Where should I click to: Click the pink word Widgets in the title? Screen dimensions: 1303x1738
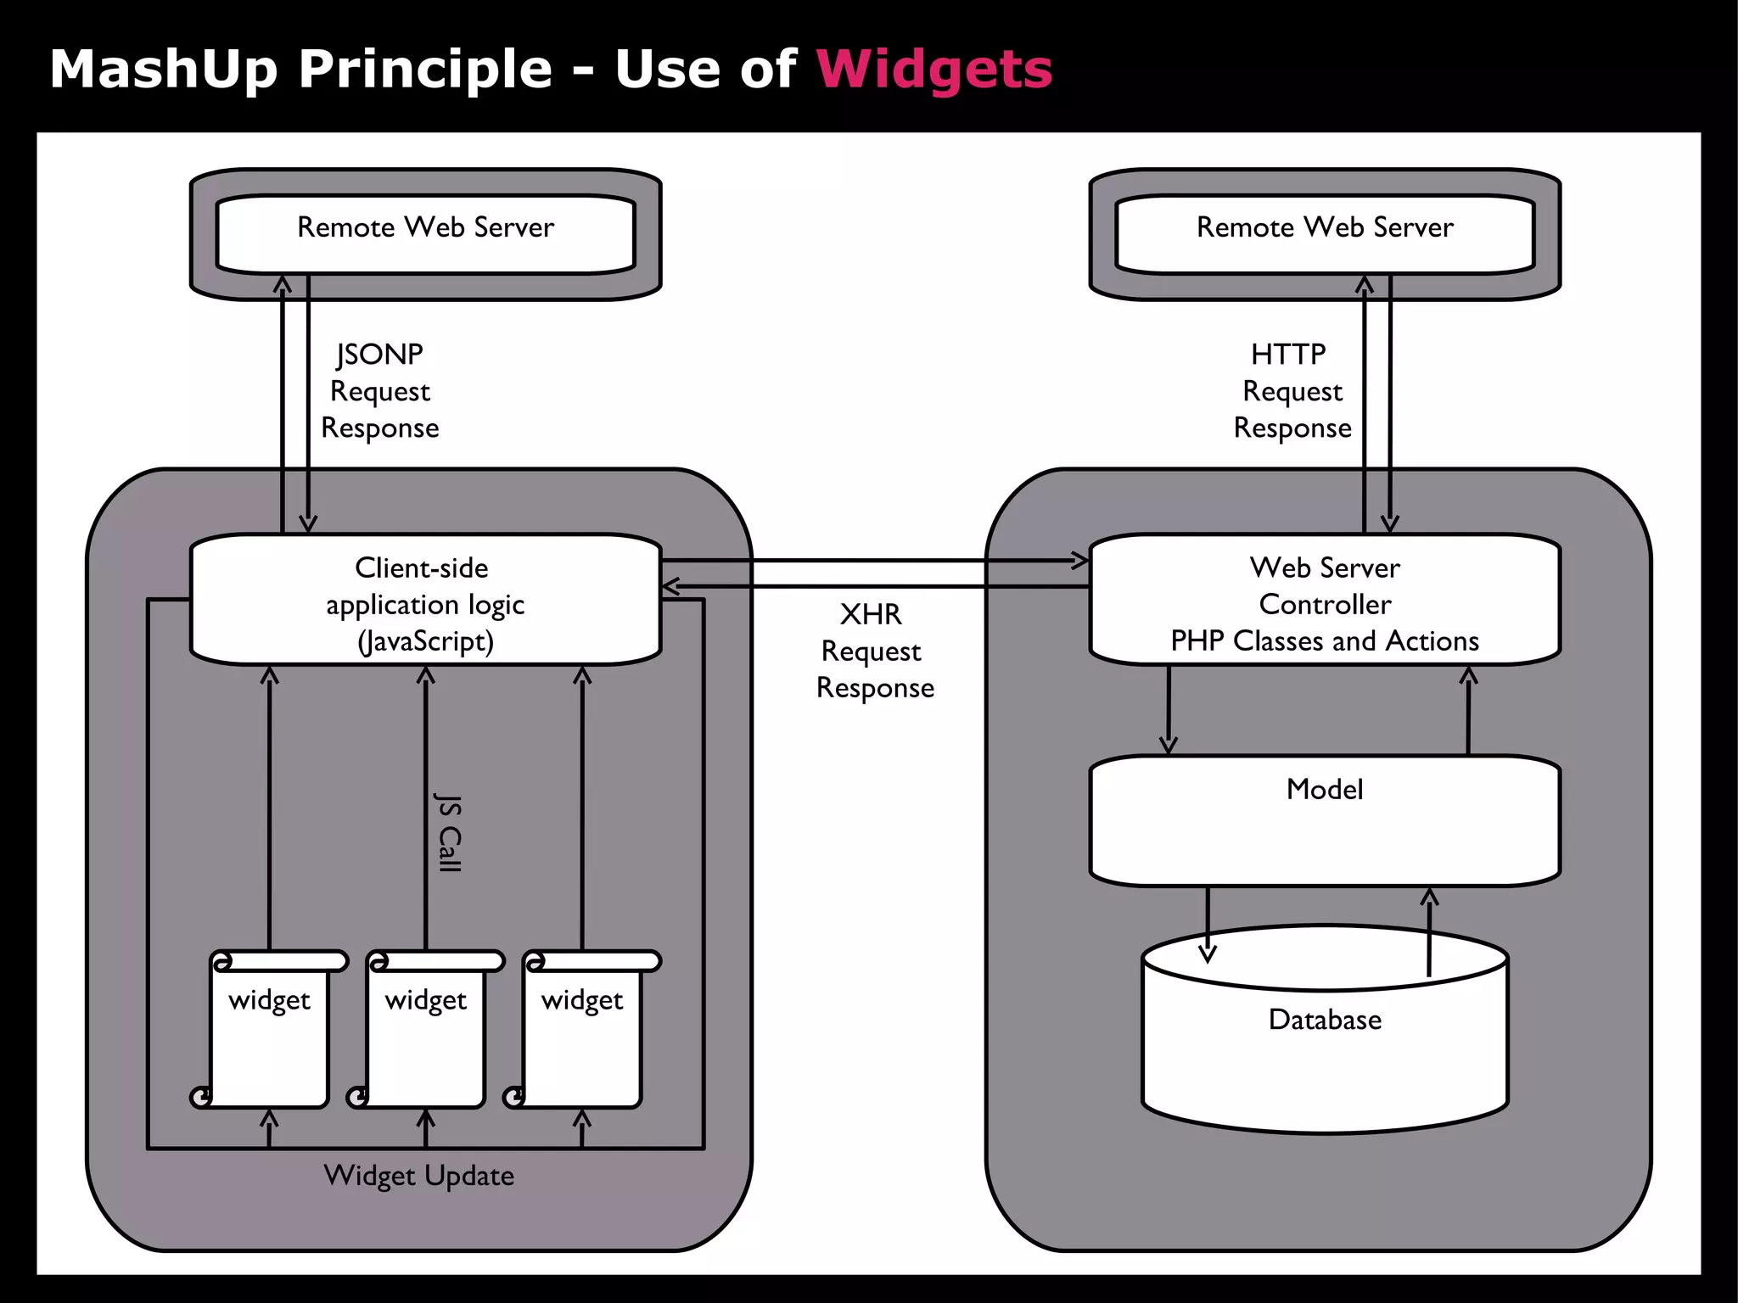click(933, 70)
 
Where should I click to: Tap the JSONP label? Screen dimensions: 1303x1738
click(379, 355)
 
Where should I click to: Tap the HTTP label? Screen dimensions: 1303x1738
click(1287, 355)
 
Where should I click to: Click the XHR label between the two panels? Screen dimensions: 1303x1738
click(871, 614)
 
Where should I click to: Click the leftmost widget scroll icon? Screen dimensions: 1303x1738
click(270, 1030)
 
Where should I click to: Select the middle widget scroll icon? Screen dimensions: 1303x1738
click(426, 1030)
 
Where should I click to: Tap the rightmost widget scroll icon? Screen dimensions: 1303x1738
click(582, 1030)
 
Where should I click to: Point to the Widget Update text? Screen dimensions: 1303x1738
click(418, 1176)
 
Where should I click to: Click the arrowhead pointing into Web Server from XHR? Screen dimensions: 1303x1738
click(1080, 560)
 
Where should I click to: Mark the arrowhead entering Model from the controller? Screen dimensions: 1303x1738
click(1169, 746)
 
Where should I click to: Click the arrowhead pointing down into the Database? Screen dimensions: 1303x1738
click(1208, 954)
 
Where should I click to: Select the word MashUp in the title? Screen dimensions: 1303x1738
click(163, 70)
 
